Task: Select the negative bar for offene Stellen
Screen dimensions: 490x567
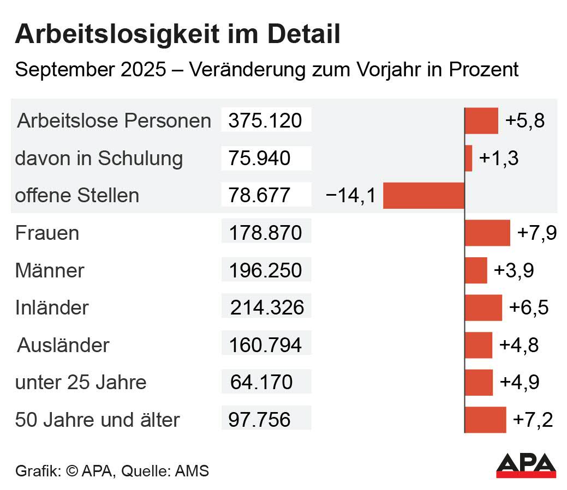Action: pyautogui.click(x=423, y=196)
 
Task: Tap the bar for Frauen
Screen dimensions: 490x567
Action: pyautogui.click(x=487, y=233)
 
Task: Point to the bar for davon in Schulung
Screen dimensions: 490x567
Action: pyautogui.click(x=469, y=158)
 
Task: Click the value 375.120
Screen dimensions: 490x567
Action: pyautogui.click(x=265, y=120)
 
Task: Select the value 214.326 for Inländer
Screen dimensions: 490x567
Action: pyautogui.click(x=267, y=308)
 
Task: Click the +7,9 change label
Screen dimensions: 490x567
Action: pyautogui.click(x=537, y=233)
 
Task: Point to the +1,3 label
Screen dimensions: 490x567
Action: pyautogui.click(x=498, y=158)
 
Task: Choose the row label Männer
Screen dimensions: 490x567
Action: pyautogui.click(x=50, y=270)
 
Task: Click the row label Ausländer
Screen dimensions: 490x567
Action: pyautogui.click(x=63, y=345)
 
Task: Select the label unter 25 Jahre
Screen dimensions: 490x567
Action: pyautogui.click(x=81, y=382)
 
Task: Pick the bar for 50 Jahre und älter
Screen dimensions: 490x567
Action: pyautogui.click(x=485, y=420)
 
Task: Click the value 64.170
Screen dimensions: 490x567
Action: pyautogui.click(x=261, y=382)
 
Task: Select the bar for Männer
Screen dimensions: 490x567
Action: pyautogui.click(x=476, y=270)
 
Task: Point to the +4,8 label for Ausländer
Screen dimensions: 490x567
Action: pyautogui.click(x=519, y=345)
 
